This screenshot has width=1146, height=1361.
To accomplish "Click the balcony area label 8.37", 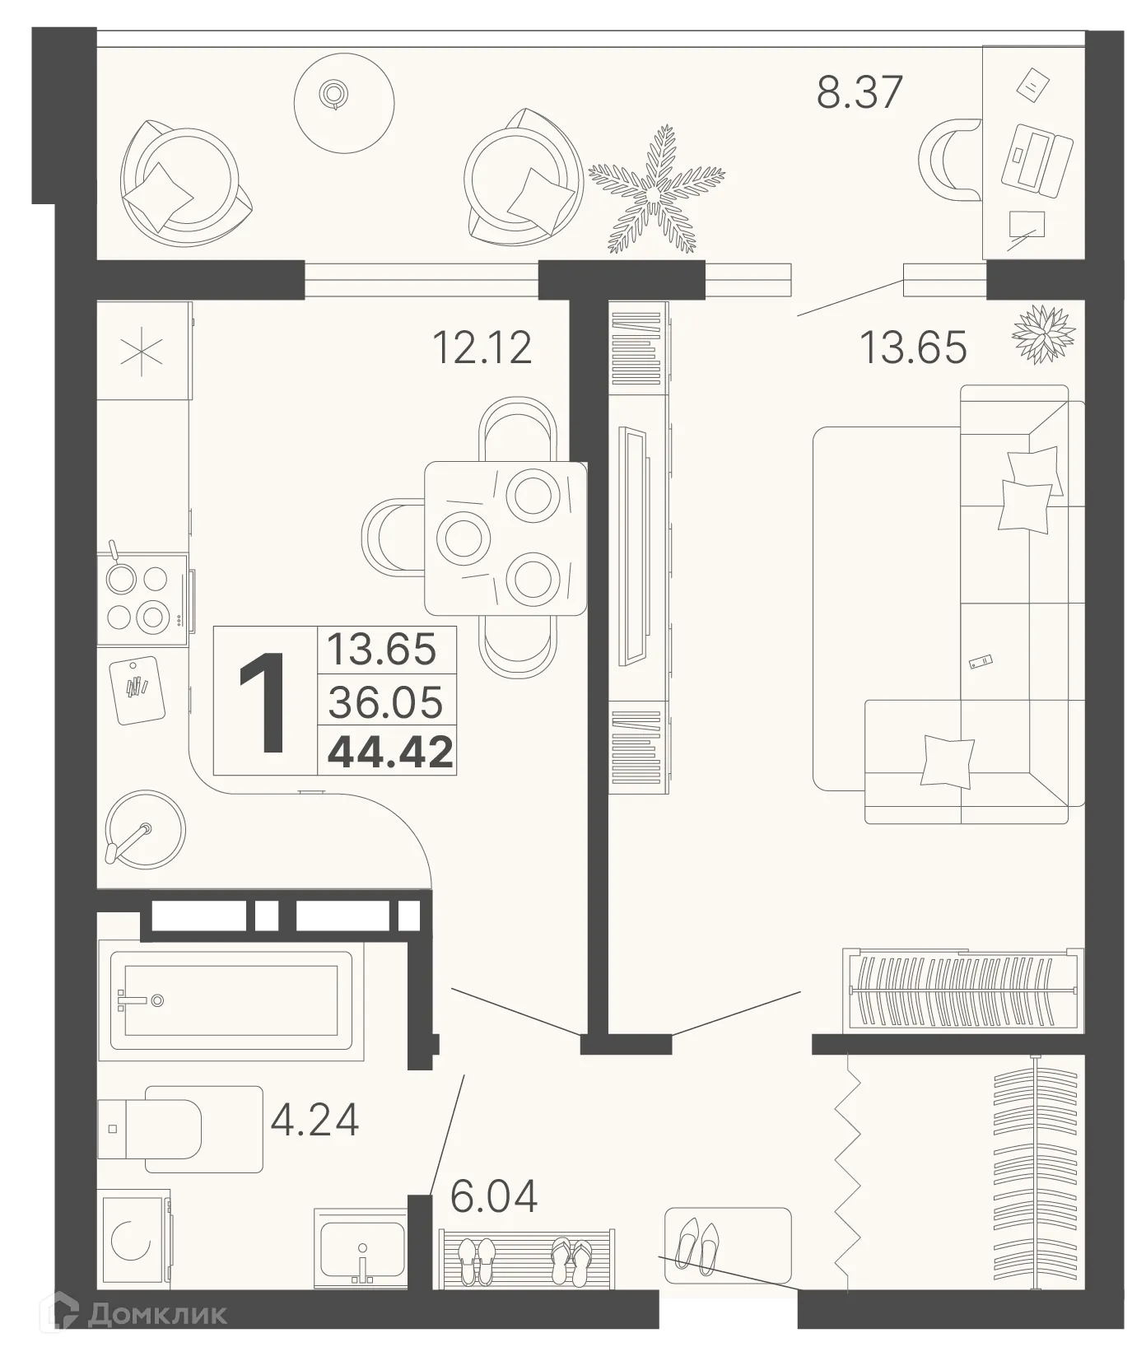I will (x=859, y=91).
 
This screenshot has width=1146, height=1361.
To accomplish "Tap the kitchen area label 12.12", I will (x=482, y=347).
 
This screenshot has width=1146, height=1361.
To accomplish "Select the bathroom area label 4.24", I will (x=315, y=1120).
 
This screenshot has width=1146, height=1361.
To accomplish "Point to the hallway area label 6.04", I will (x=494, y=1196).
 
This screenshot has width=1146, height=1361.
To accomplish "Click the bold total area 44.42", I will (x=390, y=752).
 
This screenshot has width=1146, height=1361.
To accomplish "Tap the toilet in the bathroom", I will (x=165, y=1128).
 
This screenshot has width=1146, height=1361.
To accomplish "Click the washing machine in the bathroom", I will (x=133, y=1239).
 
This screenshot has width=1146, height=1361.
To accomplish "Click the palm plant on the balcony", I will (x=657, y=190).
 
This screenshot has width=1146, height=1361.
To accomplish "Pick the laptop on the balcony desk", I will (x=1037, y=159).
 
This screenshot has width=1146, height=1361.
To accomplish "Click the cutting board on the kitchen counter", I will (x=137, y=688).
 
